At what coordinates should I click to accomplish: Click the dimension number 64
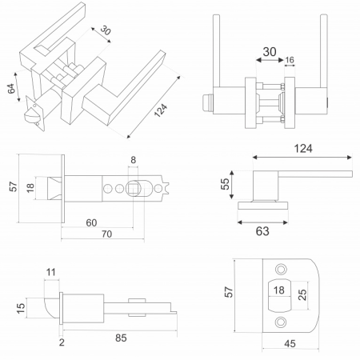click(x=11, y=89)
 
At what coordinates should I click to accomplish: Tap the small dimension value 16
click(x=290, y=60)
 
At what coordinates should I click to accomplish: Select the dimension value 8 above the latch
click(x=134, y=160)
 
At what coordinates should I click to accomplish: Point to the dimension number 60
click(x=91, y=222)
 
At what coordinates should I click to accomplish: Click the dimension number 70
click(x=106, y=234)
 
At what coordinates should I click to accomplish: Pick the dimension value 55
click(x=225, y=184)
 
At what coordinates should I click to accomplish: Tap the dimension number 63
click(x=262, y=231)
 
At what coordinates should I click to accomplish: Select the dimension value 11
click(x=51, y=272)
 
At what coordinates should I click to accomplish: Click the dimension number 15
click(x=21, y=308)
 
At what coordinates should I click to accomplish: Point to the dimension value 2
click(x=62, y=342)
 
